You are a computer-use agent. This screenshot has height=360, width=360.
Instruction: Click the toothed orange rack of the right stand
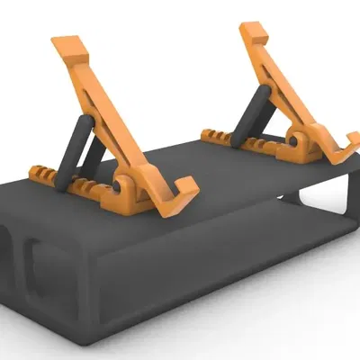tap(216, 137)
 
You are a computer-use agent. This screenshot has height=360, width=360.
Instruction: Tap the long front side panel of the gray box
tap(198, 270)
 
